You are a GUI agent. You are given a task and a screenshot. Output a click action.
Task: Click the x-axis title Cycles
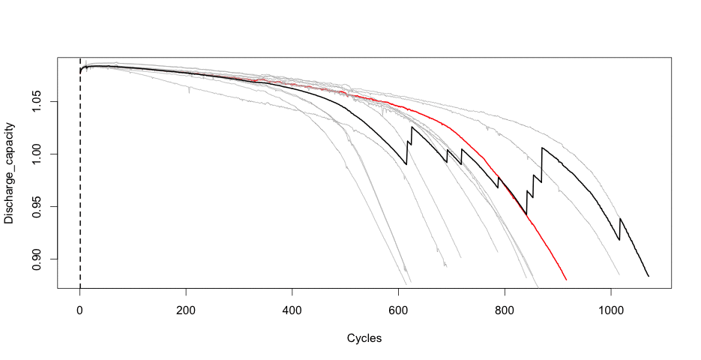[364, 338]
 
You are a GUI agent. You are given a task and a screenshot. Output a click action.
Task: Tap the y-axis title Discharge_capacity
[10, 172]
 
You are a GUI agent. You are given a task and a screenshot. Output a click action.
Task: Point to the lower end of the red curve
[566, 280]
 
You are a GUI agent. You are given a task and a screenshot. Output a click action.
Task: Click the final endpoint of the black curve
[649, 277]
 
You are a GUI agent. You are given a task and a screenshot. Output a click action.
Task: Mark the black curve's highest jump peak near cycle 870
[542, 148]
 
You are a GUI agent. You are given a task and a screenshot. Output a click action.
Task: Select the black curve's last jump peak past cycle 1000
[620, 218]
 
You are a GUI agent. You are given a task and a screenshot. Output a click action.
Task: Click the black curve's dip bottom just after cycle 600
[406, 164]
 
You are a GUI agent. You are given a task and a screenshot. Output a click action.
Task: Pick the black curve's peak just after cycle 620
[412, 127]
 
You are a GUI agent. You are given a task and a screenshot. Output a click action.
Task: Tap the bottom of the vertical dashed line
[80, 286]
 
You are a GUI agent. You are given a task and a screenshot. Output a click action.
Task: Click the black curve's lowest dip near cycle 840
[526, 214]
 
